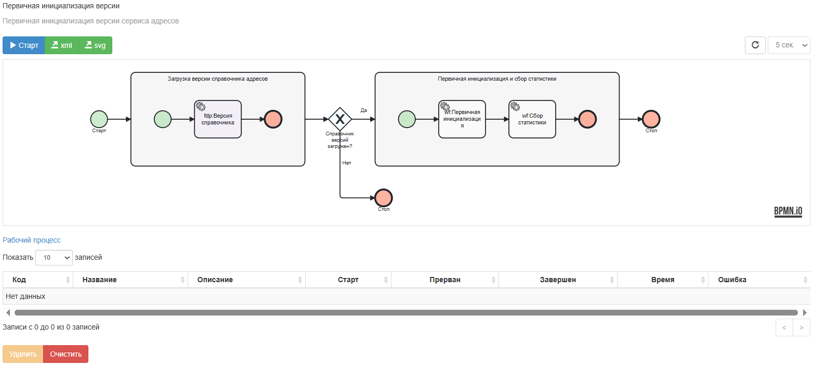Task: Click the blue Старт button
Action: pyautogui.click(x=24, y=45)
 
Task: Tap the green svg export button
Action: pyautogui.click(x=95, y=45)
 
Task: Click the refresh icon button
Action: pyautogui.click(x=755, y=45)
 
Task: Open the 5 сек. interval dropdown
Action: pyautogui.click(x=789, y=45)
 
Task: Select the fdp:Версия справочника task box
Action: pyautogui.click(x=218, y=119)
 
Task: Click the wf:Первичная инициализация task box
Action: pyautogui.click(x=462, y=119)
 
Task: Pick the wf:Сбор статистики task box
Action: pyautogui.click(x=532, y=119)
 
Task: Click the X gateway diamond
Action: pyautogui.click(x=340, y=119)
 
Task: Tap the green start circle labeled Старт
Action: pyautogui.click(x=99, y=119)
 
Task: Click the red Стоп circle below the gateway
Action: pyautogui.click(x=384, y=198)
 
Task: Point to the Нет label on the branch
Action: pyautogui.click(x=347, y=163)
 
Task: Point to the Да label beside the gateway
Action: pyautogui.click(x=364, y=110)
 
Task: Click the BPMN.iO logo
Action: pyautogui.click(x=789, y=211)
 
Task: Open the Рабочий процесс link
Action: pyautogui.click(x=32, y=240)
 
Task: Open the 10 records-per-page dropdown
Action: pyautogui.click(x=54, y=258)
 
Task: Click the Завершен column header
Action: pyautogui.click(x=558, y=280)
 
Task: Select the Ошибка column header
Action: pyautogui.click(x=732, y=280)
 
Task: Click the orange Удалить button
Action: pyautogui.click(x=23, y=354)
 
